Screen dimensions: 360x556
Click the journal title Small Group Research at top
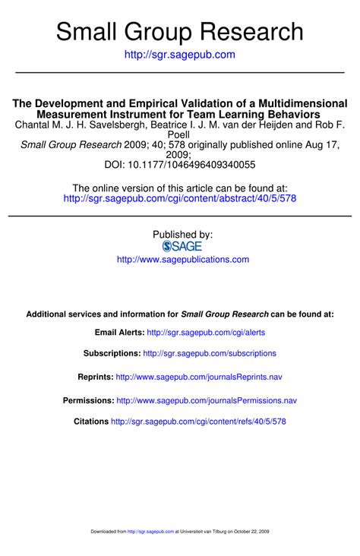click(x=180, y=31)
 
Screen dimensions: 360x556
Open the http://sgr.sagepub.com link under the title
click(x=180, y=55)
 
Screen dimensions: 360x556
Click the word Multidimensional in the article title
click(x=302, y=103)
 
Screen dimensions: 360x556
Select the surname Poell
click(x=179, y=134)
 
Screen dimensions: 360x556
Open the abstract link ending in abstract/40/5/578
click(x=180, y=198)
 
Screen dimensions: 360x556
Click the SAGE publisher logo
click(x=182, y=246)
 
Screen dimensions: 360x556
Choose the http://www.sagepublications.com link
click(x=182, y=260)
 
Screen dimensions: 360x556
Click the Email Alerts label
click(x=118, y=333)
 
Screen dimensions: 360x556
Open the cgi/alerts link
click(x=206, y=333)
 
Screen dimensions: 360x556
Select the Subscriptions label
click(x=112, y=353)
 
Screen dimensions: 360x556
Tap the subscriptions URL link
click(x=210, y=353)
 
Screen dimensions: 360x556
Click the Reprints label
click(x=96, y=377)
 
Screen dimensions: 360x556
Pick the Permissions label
click(x=88, y=400)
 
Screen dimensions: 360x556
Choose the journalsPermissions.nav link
click(x=207, y=400)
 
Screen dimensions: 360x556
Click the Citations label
click(x=90, y=422)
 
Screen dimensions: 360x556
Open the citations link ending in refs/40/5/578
click(x=198, y=422)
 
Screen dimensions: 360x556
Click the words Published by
click(x=182, y=235)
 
